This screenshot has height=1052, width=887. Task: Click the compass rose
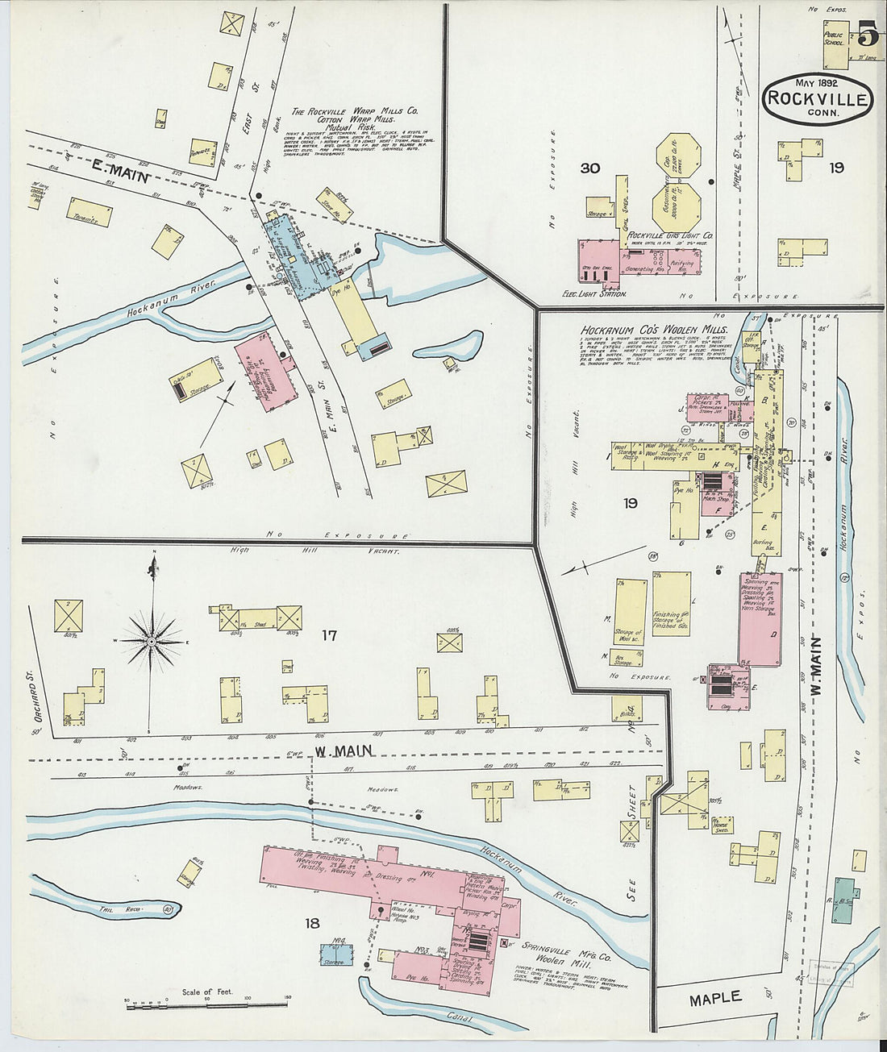[x=151, y=641]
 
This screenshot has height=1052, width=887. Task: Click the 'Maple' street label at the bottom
[x=715, y=998]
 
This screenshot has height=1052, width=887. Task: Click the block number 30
[x=589, y=168]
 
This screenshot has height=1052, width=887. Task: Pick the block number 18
[x=312, y=923]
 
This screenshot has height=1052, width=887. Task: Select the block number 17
[x=328, y=635]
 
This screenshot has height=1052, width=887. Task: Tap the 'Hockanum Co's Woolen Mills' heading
[x=654, y=331]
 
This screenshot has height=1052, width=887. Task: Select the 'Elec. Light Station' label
[x=594, y=294]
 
